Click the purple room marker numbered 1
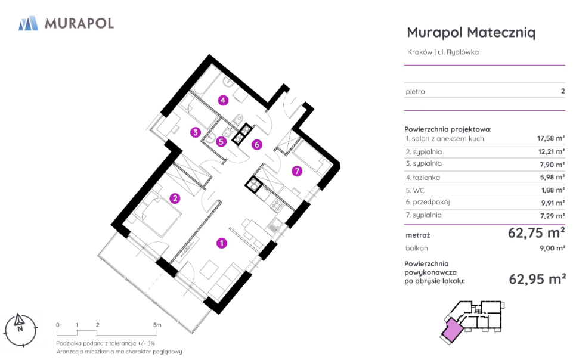pos(221,243)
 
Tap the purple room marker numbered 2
pos(175,198)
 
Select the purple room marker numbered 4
pos(223,100)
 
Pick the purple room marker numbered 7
pos(297,171)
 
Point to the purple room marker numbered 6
pos(256,145)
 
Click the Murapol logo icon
pos(28,23)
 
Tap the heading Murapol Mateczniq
pos(471,32)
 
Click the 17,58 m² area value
pos(551,138)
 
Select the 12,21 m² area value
pos(551,151)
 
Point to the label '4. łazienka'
pos(423,178)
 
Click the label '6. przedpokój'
pos(428,202)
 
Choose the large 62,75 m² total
pos(536,232)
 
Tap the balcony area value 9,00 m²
pos(552,249)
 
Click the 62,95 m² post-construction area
pos(537,279)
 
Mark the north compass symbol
pos(20,330)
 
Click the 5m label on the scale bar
pos(157,325)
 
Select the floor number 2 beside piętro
pos(563,91)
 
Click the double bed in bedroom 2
pos(157,217)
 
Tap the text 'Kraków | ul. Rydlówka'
pos(443,52)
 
